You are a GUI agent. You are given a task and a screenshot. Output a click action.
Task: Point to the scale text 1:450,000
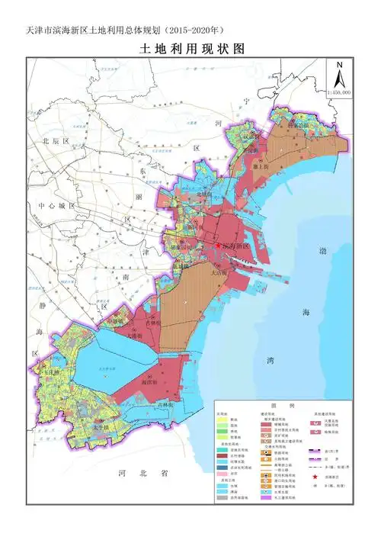[338, 92]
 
